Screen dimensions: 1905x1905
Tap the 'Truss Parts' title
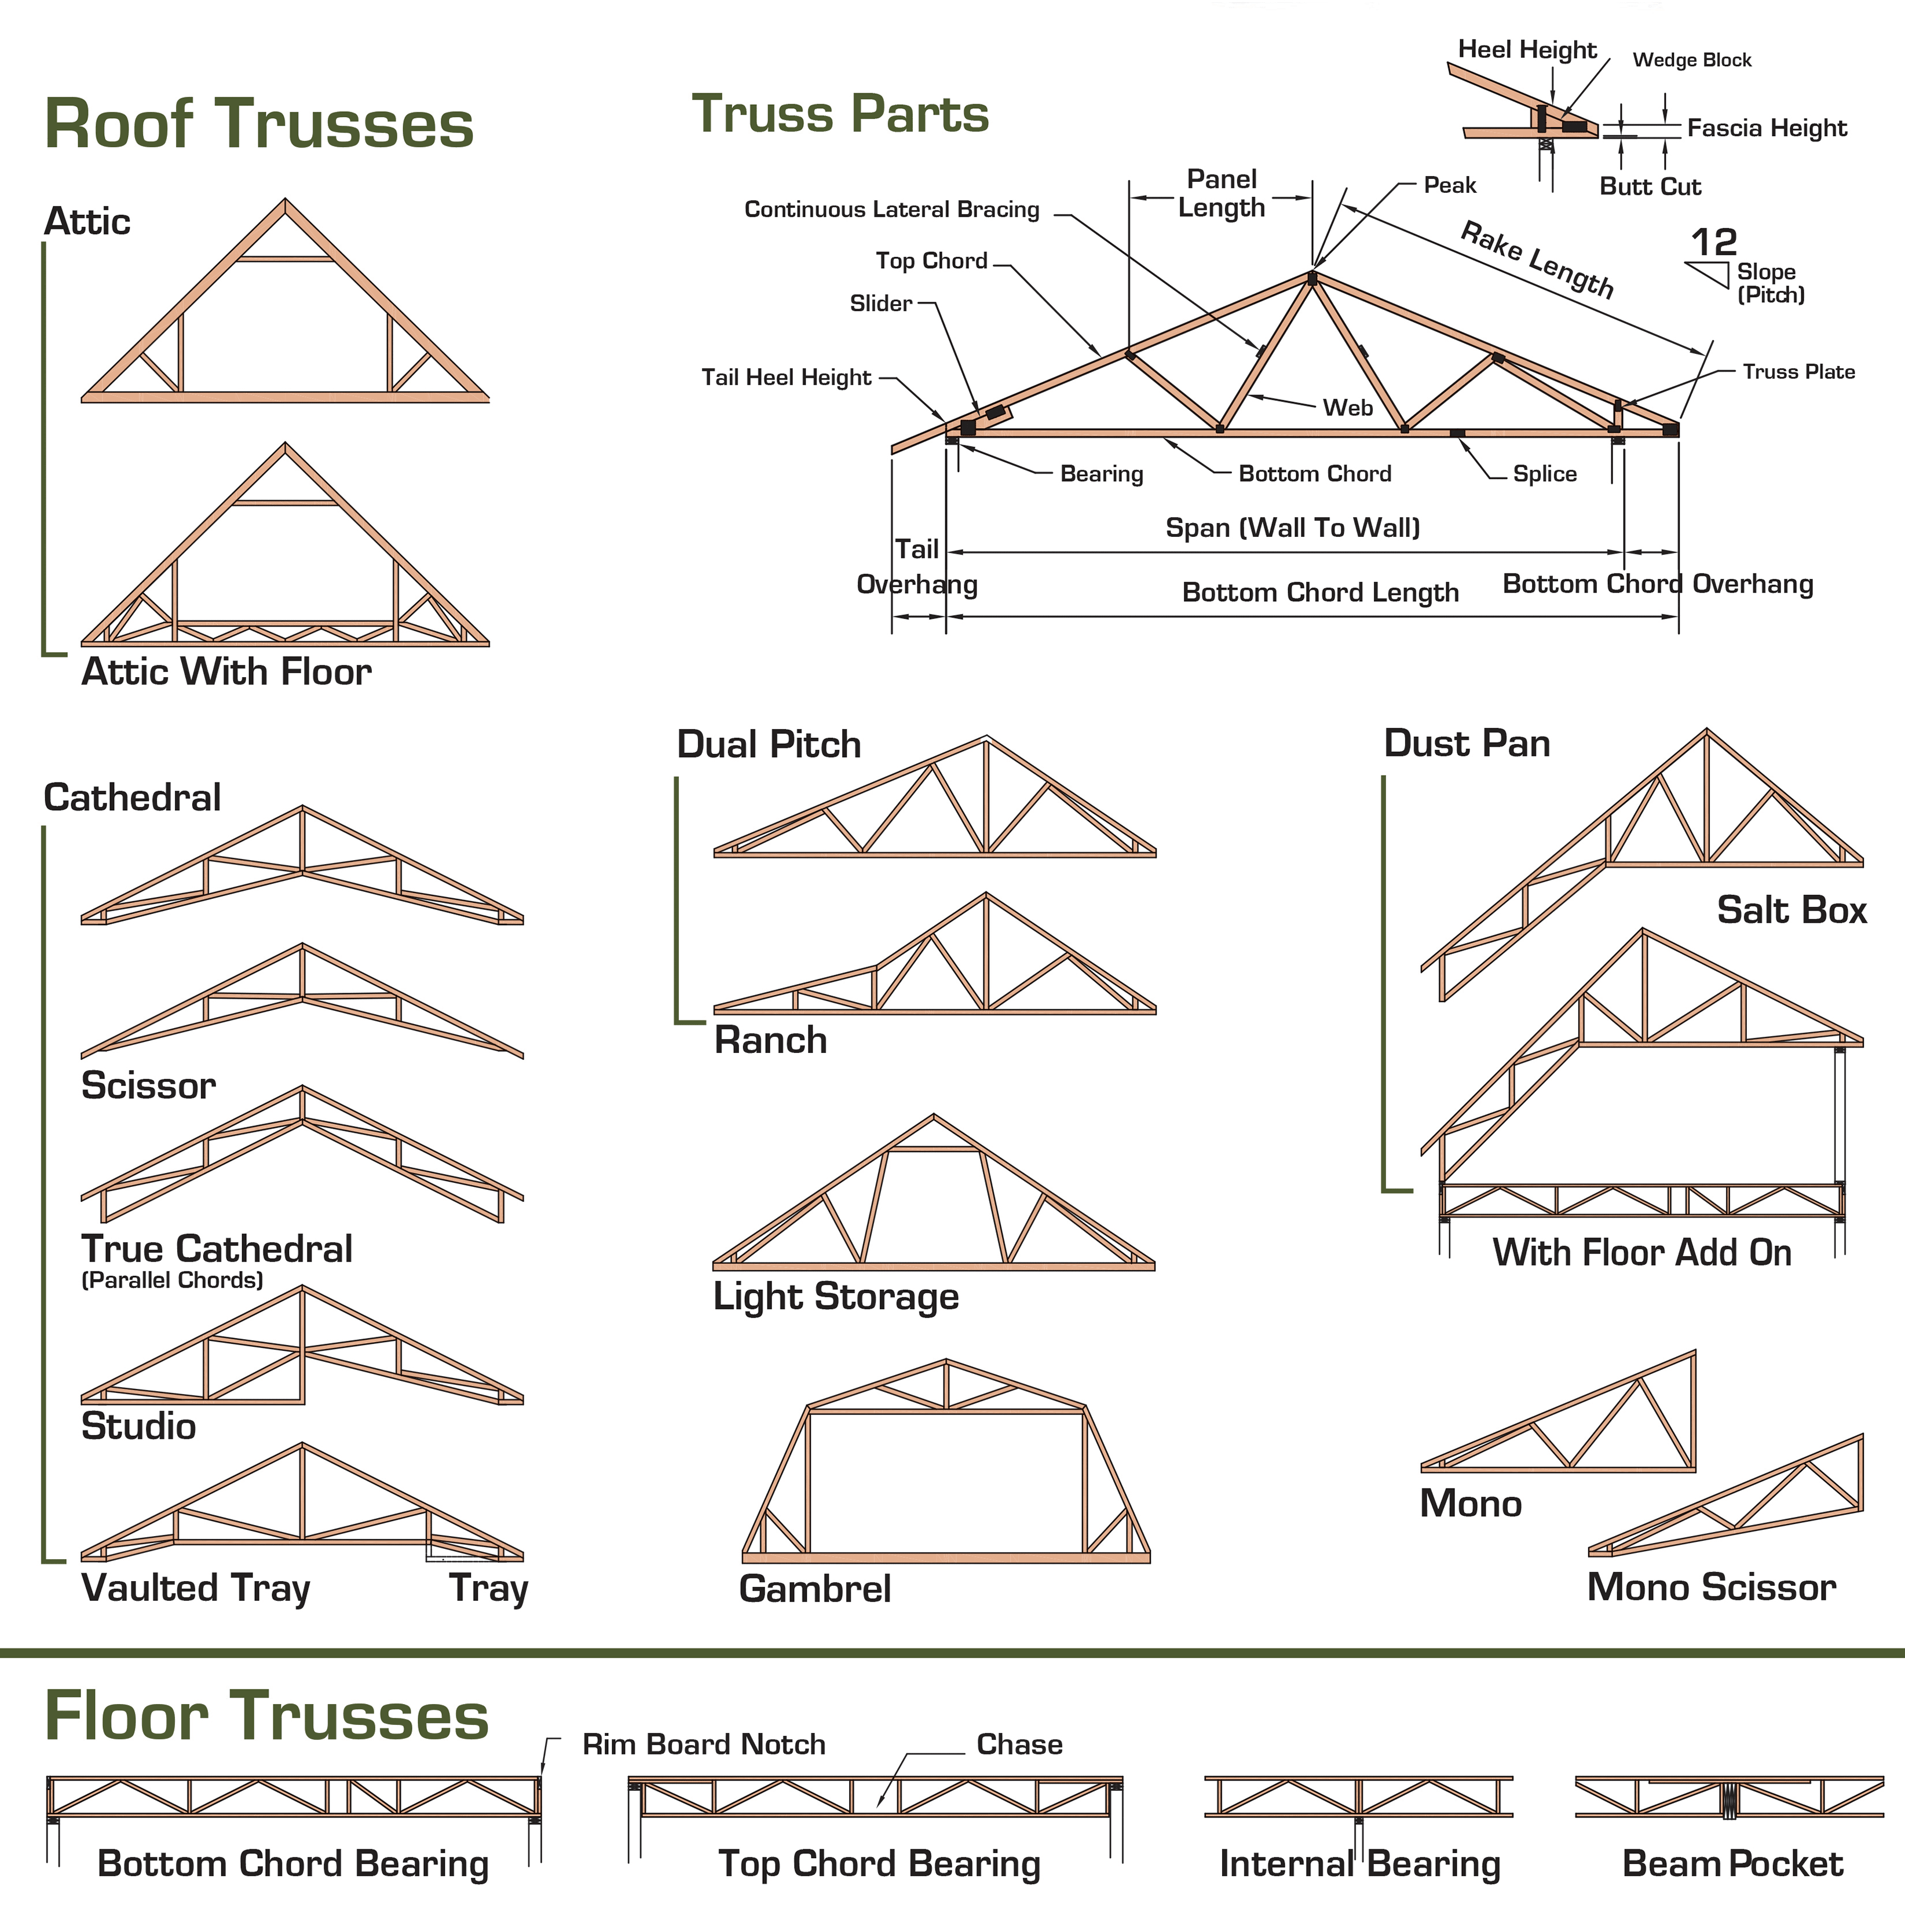(840, 114)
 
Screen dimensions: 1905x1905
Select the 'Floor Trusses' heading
(266, 1716)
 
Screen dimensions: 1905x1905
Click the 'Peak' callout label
(1449, 185)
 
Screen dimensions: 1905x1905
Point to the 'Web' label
(1347, 407)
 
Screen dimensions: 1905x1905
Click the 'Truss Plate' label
(1798, 372)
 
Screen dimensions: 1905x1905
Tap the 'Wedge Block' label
(1692, 60)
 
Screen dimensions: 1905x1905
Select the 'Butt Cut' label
(1650, 187)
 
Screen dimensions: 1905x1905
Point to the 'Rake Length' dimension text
(1536, 259)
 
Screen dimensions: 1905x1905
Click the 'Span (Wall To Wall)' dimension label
(1293, 528)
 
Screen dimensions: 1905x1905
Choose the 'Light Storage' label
(835, 1297)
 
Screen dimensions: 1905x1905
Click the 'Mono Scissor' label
(1711, 1586)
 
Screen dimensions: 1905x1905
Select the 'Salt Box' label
(1791, 909)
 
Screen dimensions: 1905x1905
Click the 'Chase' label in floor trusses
(1019, 1745)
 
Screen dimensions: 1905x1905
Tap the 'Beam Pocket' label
(1732, 1864)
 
